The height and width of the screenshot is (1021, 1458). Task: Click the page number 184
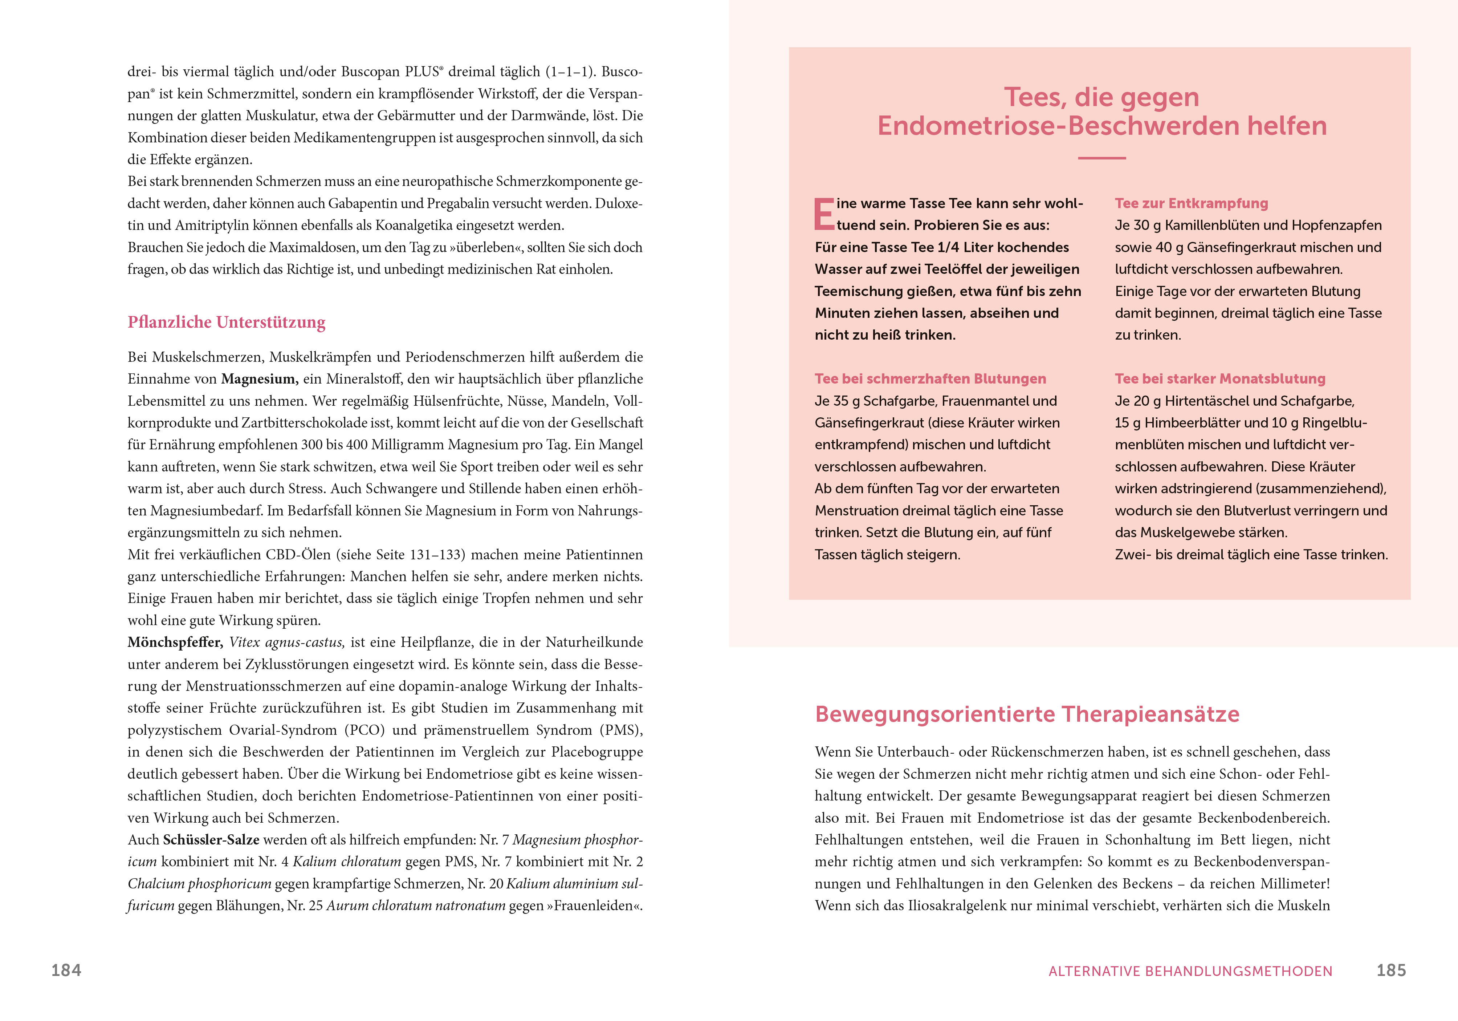pyautogui.click(x=66, y=970)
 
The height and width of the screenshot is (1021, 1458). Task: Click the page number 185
pyautogui.click(x=1391, y=970)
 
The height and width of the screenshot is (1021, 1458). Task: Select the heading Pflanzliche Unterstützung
pyautogui.click(x=226, y=322)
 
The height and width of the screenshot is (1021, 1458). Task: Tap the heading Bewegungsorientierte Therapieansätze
pyautogui.click(x=1027, y=714)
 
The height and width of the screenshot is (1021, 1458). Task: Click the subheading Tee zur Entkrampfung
pyautogui.click(x=1191, y=203)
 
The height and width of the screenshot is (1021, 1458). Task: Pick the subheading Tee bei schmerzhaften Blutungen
pyautogui.click(x=930, y=379)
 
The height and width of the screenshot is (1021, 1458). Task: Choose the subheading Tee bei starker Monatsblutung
pyautogui.click(x=1220, y=379)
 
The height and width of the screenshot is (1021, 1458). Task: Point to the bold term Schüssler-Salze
pyautogui.click(x=211, y=840)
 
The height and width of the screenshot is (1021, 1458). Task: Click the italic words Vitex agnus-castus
pyautogui.click(x=287, y=642)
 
